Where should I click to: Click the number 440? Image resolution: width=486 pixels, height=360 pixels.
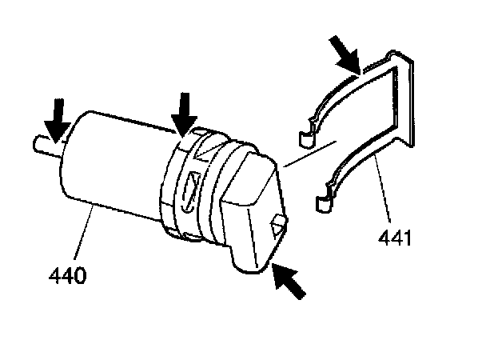(x=66, y=277)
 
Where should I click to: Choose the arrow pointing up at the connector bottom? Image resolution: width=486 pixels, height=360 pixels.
(x=289, y=282)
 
